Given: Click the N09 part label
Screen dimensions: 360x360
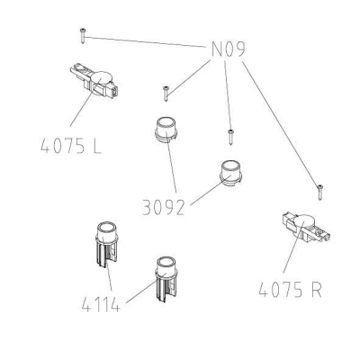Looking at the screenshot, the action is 229,49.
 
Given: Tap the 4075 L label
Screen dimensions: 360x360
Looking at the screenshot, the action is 71,147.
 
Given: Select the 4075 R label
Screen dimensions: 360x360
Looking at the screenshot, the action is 290,290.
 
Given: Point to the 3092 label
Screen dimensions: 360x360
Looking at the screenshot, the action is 164,207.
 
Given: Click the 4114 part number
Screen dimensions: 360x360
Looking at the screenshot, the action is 101,305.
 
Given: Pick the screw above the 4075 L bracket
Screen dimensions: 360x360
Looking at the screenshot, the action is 83,36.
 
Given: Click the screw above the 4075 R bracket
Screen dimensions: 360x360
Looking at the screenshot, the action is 320,193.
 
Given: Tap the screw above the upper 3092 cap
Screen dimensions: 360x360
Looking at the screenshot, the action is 166,94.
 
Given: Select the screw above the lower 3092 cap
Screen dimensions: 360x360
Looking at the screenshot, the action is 230,137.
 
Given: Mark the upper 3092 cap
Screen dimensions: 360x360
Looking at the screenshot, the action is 166,130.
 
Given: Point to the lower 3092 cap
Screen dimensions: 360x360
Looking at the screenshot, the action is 231,173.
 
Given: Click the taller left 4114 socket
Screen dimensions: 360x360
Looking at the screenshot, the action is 107,245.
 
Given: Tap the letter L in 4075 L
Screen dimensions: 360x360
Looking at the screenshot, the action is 96,147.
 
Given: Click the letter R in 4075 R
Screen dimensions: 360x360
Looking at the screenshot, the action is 316,290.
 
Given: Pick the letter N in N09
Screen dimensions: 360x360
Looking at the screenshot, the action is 217,49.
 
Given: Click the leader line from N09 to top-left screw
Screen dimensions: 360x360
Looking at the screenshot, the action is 145,41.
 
